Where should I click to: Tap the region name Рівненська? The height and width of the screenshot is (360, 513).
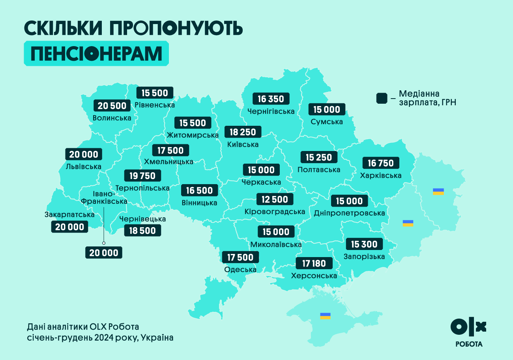click(x=155, y=105)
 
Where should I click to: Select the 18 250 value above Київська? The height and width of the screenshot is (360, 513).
click(x=243, y=132)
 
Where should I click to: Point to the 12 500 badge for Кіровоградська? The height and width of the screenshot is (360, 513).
click(x=275, y=200)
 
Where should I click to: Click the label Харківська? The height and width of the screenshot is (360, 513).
click(x=381, y=175)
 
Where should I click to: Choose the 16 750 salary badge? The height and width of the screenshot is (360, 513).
click(x=381, y=163)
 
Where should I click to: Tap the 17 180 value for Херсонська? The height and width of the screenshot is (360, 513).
click(x=314, y=263)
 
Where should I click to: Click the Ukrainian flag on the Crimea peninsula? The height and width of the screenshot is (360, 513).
click(x=325, y=316)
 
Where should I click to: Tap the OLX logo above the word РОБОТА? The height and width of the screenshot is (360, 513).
click(x=468, y=326)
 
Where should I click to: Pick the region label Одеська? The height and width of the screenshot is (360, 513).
click(x=240, y=270)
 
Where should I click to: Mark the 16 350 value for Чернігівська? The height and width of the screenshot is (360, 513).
click(x=271, y=99)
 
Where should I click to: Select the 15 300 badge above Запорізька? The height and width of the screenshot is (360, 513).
click(x=364, y=244)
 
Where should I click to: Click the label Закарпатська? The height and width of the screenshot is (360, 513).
click(x=69, y=215)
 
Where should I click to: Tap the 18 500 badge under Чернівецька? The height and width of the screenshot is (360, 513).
click(x=142, y=231)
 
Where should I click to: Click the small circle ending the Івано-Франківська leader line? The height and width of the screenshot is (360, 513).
click(x=104, y=243)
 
